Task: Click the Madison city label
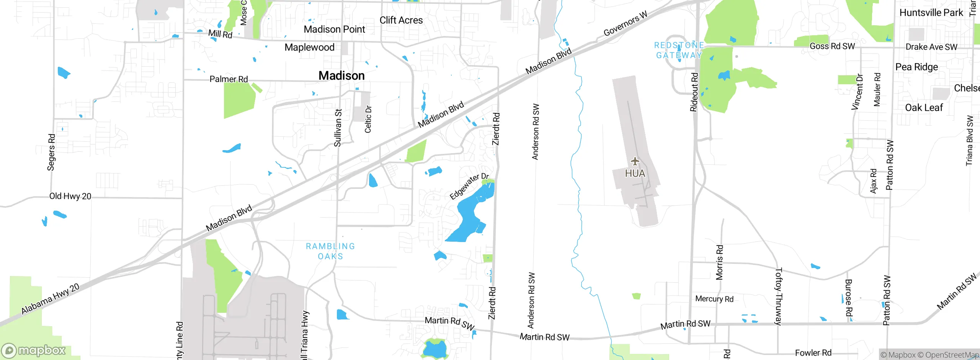point(341,76)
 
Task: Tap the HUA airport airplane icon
point(635,161)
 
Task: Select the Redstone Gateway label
point(679,50)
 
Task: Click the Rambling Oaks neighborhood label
point(330,251)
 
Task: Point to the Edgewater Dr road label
point(469,187)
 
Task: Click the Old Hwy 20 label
point(70,196)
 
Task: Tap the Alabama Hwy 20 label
point(50,299)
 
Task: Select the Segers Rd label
point(51,152)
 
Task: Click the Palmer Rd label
point(229,79)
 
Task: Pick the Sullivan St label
point(338,128)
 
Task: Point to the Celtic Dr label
point(368,119)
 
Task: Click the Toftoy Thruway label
point(778,296)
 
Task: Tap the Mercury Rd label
point(714,299)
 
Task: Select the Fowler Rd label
point(813,353)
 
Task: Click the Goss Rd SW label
point(832,46)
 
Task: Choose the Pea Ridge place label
point(916,67)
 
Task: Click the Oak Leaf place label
point(924,108)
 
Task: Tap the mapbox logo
point(34,350)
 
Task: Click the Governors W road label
point(625,24)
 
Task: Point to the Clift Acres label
point(401,20)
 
